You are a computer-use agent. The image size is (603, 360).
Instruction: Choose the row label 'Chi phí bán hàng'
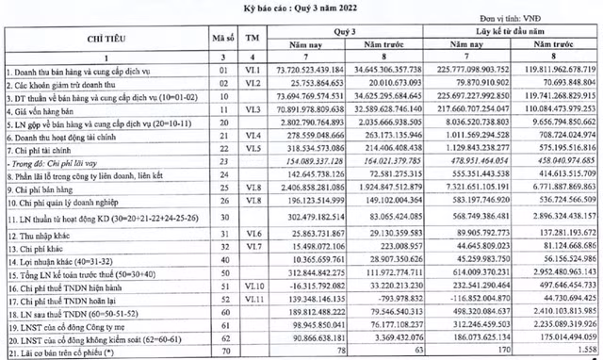point(42,188)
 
